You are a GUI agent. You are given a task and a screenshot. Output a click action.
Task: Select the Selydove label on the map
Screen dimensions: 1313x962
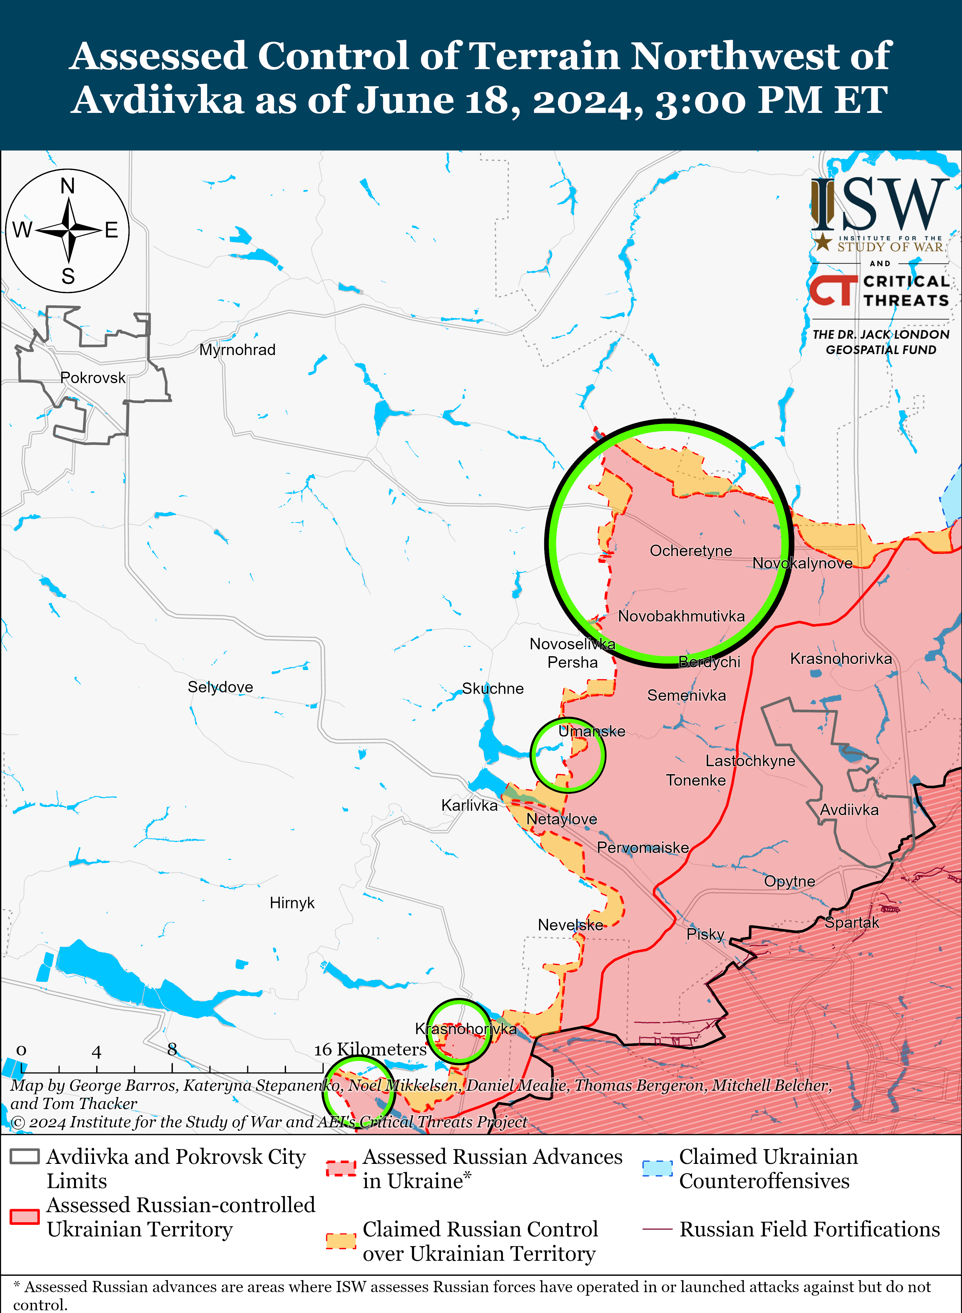click(220, 687)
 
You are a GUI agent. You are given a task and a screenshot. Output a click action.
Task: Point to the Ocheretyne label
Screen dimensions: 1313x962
click(691, 551)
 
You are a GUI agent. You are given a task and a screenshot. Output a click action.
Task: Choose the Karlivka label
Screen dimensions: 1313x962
click(469, 805)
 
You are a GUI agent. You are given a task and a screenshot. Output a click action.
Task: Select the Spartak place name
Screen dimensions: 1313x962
click(851, 922)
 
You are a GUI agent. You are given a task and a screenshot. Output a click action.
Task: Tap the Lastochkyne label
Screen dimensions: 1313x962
click(750, 761)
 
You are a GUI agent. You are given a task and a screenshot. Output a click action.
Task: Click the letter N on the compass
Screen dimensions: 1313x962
click(68, 186)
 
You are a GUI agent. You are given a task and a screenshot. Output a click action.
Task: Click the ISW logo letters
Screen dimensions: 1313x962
click(879, 205)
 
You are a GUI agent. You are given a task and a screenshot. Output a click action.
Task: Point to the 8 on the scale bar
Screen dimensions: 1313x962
click(172, 1049)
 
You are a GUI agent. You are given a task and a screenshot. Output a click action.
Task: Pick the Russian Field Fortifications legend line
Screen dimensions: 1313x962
click(657, 1229)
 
